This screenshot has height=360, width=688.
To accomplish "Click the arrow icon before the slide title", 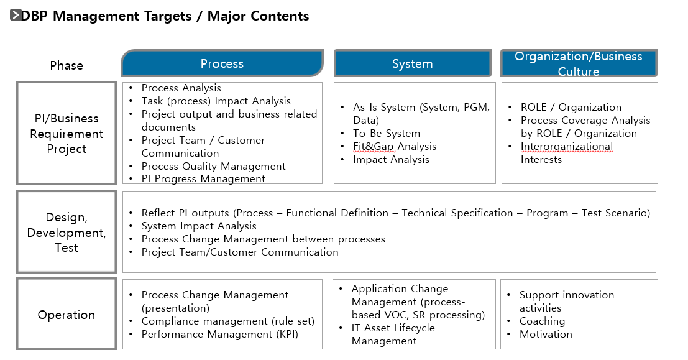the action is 16,15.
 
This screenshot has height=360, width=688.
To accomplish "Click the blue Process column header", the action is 222,63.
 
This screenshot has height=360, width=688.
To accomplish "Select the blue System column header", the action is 413,63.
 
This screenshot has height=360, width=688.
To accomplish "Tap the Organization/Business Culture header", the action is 579,63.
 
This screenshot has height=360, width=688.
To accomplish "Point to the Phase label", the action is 67,65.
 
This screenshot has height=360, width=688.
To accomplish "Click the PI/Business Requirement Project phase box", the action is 67,133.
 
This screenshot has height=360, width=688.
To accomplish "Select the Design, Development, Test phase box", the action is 67,232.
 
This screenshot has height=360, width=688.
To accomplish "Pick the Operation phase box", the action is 67,314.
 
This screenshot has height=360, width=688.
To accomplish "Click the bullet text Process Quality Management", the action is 213,167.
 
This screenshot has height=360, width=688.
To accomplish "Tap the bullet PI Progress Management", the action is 203,178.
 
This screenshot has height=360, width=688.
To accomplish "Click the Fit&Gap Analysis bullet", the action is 395,146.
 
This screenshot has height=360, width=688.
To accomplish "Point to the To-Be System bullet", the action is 387,133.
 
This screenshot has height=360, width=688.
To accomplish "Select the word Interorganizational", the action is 566,146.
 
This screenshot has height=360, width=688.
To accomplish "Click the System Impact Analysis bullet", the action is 199,226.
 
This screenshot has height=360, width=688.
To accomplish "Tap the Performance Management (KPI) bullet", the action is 220,334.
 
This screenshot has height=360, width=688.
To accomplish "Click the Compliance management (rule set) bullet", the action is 227,321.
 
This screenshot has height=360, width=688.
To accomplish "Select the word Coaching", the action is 542,321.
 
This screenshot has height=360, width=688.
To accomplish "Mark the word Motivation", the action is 546,334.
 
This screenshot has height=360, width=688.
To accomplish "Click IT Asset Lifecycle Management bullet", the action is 393,334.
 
